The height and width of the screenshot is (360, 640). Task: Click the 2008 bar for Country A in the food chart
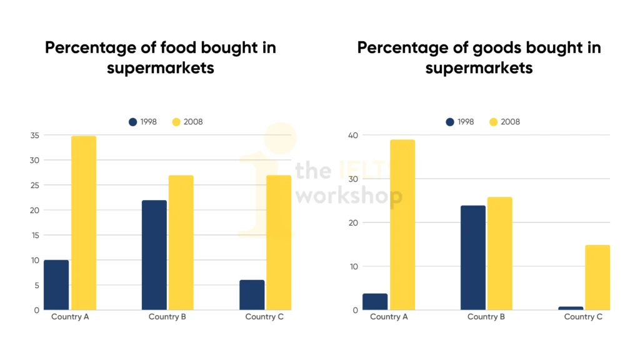pyautogui.click(x=84, y=222)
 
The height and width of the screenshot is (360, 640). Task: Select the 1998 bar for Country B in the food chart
pyautogui.click(x=154, y=255)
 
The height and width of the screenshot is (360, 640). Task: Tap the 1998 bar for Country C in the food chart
pyautogui.click(x=252, y=295)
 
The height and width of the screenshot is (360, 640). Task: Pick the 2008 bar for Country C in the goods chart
pyautogui.click(x=597, y=277)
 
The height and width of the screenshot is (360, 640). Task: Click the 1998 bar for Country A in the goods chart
pyautogui.click(x=375, y=302)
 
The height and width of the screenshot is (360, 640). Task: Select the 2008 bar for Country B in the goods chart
pyautogui.click(x=499, y=253)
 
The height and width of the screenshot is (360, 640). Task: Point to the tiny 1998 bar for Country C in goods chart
pyautogui.click(x=571, y=308)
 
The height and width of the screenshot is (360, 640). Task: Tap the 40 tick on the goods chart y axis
pyautogui.click(x=353, y=136)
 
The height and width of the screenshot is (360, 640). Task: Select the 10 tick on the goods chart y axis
pyautogui.click(x=353, y=266)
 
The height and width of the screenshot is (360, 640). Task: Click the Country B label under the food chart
pyautogui.click(x=167, y=317)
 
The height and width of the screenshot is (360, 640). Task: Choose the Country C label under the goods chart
pyautogui.click(x=583, y=317)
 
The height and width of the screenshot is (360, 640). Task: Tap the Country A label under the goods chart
pyautogui.click(x=389, y=317)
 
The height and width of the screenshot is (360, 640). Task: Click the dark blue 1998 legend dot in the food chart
pyautogui.click(x=132, y=122)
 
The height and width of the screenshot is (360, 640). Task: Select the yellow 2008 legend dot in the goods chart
pyautogui.click(x=493, y=122)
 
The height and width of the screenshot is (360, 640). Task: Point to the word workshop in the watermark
pyautogui.click(x=349, y=195)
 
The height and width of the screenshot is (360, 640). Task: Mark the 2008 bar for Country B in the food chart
pyautogui.click(x=181, y=242)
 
